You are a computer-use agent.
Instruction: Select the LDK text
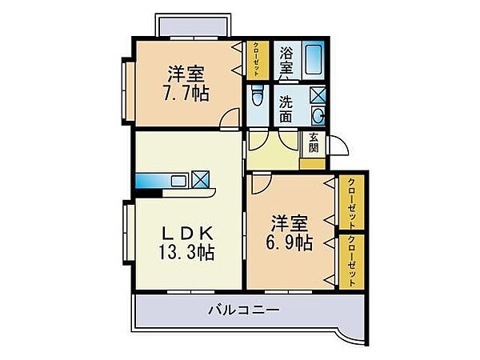189,233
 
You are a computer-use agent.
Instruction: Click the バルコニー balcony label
244,309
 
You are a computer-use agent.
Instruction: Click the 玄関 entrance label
314,142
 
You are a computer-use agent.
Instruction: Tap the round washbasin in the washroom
318,113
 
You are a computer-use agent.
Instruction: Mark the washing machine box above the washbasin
317,94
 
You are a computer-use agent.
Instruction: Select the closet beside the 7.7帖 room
257,58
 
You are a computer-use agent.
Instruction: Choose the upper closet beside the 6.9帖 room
350,202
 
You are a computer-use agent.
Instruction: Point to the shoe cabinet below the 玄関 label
313,162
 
